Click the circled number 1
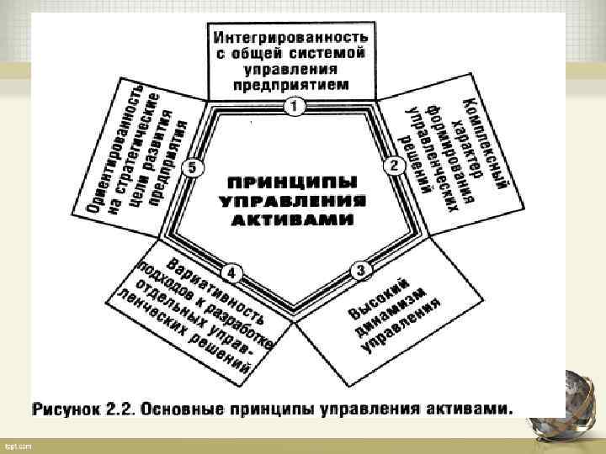(x=293, y=107)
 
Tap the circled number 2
(x=393, y=165)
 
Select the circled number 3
(x=359, y=270)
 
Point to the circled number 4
(x=231, y=273)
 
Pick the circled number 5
(x=194, y=168)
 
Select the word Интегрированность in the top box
(x=290, y=38)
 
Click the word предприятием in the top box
(x=290, y=85)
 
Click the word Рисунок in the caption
(x=64, y=410)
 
